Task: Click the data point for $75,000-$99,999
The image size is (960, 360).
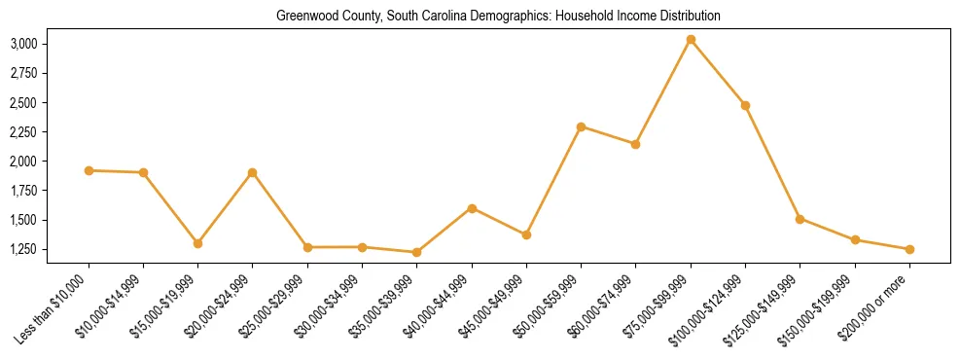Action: [691, 40]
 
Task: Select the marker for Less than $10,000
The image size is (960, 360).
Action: [89, 170]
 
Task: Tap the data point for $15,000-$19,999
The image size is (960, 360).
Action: [198, 243]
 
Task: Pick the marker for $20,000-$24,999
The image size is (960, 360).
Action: [253, 173]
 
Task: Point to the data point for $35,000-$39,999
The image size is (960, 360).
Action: [417, 252]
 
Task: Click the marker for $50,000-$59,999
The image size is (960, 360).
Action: [581, 126]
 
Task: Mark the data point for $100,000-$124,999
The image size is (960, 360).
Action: [745, 105]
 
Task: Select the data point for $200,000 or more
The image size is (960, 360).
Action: [909, 249]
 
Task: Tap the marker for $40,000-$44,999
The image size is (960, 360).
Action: [472, 208]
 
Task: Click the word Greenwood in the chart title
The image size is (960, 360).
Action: [302, 16]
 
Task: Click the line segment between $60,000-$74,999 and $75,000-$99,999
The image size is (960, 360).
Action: [663, 91]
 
